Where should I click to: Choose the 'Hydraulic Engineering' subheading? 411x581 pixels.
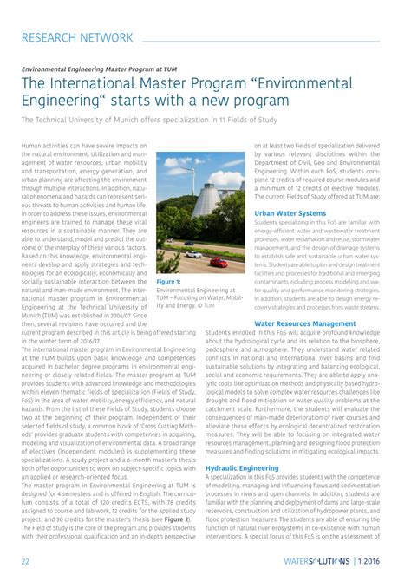click(x=244, y=468)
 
